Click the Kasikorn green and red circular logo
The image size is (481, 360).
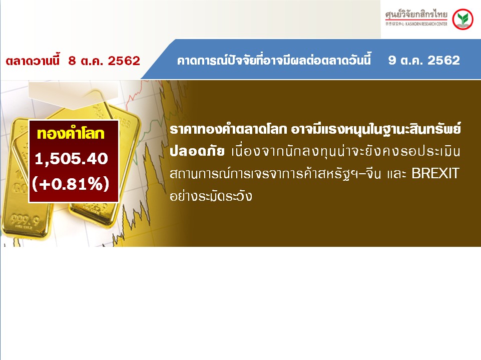point(462,20)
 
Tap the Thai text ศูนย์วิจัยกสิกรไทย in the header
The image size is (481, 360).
point(416,15)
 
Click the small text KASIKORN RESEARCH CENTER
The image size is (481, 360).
point(426,24)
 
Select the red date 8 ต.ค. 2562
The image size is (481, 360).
point(104,61)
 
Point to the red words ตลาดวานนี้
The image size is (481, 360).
point(33,60)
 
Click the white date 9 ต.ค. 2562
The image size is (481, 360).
point(424,60)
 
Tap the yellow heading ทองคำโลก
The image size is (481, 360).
point(71,134)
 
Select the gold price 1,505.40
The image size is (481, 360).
point(72,159)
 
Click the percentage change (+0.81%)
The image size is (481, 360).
point(71,184)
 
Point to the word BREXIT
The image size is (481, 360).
point(435,173)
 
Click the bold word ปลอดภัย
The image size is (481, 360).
point(197,151)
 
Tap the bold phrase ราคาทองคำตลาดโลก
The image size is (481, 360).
point(228,129)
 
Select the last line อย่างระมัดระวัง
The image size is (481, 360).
point(211,195)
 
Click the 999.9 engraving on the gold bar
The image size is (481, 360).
point(25,219)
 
